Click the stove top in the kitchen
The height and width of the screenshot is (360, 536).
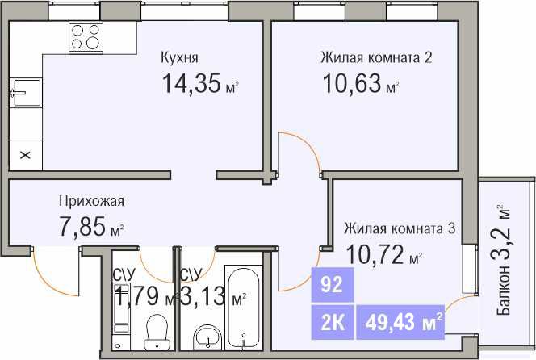click(x=86, y=37)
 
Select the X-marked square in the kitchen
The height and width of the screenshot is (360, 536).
click(x=25, y=155)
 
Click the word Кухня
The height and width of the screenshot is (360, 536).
click(x=179, y=58)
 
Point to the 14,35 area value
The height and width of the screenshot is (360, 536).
click(x=191, y=84)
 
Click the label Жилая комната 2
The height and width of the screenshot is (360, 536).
click(x=376, y=57)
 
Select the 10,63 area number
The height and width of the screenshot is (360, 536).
click(x=352, y=83)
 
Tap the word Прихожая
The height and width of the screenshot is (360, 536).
click(x=91, y=201)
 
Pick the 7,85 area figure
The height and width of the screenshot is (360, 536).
click(x=82, y=226)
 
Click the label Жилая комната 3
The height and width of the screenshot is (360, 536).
click(x=400, y=228)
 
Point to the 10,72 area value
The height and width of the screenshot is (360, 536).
click(x=375, y=254)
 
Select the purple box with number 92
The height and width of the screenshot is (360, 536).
click(x=333, y=285)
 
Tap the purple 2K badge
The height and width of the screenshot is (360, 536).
click(x=333, y=322)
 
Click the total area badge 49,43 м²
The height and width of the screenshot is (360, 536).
click(x=400, y=322)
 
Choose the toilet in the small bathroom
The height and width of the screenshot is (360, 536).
click(x=157, y=332)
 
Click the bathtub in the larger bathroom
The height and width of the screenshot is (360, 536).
click(x=244, y=307)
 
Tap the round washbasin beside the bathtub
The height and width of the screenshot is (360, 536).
click(x=207, y=337)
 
